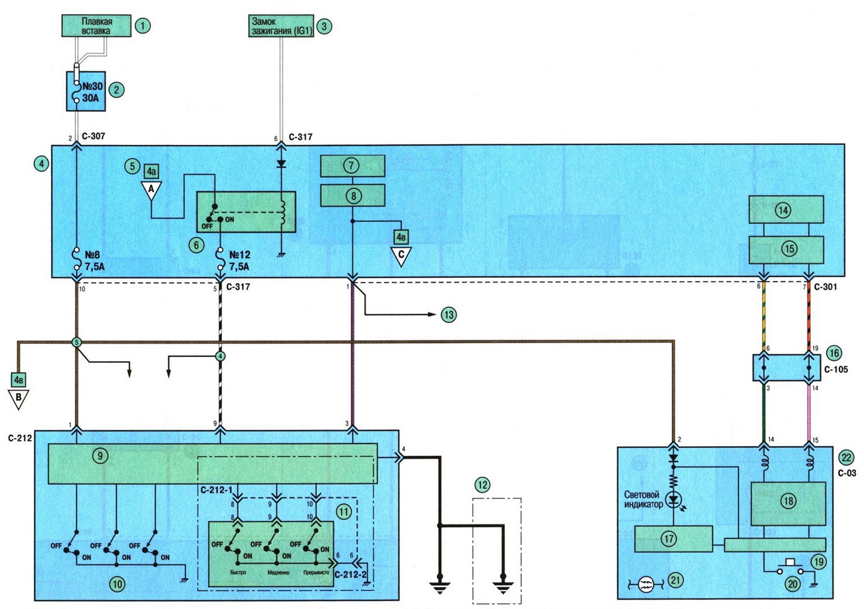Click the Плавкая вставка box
[96, 26]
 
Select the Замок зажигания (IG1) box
[280, 26]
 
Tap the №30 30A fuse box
[86, 91]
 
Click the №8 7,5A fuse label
[94, 261]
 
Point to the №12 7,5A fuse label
[239, 261]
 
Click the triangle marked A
[151, 191]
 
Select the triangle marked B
[19, 399]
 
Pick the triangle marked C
[401, 256]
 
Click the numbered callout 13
[449, 315]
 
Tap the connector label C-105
[836, 370]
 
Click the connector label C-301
[825, 287]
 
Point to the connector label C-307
[93, 136]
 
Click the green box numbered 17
[673, 539]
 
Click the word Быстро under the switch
[238, 572]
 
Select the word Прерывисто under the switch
[316, 572]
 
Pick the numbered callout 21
[675, 580]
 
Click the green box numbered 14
[786, 209]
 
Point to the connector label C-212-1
[217, 490]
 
